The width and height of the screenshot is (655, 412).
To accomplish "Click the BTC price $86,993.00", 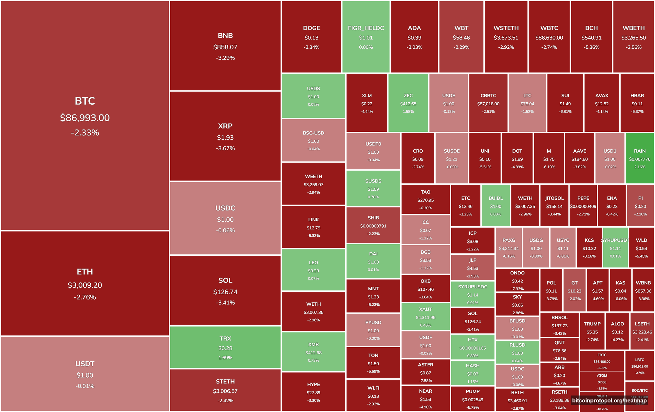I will click(85, 118).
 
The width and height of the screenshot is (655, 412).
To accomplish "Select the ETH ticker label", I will click(85, 272).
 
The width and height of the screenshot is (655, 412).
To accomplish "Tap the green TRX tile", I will click(225, 347).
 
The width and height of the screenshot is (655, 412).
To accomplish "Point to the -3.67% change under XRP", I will click(225, 148).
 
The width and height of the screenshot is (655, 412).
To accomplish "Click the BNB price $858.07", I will click(225, 47).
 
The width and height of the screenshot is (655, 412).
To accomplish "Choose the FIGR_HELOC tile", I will click(366, 37).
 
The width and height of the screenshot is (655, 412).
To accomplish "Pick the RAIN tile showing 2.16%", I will click(640, 159).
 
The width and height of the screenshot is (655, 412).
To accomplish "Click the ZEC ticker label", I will click(408, 95).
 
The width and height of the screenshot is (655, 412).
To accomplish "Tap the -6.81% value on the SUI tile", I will click(565, 112).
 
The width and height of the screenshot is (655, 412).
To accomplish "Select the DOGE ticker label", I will click(311, 28).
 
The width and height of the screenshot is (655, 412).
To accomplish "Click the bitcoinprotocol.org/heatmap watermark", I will click(609, 401).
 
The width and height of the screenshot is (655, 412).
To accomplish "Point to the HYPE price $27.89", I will click(313, 393).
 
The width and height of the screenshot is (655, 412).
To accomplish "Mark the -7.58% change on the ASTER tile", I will click(426, 381).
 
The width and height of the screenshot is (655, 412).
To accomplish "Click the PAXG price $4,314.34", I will click(509, 249).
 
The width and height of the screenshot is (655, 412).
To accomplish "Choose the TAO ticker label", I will click(426, 192).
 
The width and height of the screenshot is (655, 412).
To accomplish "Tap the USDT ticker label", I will click(85, 364).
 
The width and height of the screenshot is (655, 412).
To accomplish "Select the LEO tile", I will click(313, 270).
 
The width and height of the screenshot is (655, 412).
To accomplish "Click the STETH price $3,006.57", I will click(225, 391).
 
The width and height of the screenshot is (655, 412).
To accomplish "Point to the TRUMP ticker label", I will click(592, 324).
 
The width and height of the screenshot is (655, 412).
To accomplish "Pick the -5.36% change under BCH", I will click(591, 47).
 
